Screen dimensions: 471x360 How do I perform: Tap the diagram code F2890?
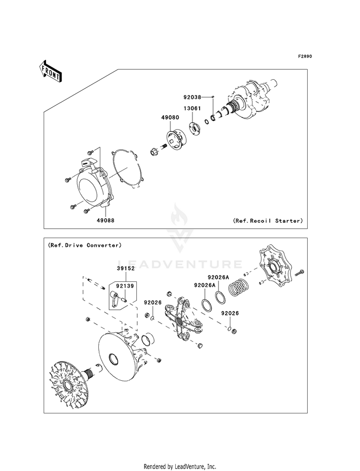coord(305,57)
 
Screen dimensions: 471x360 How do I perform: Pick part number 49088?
coord(105,221)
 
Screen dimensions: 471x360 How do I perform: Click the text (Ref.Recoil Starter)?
coord(268,221)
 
